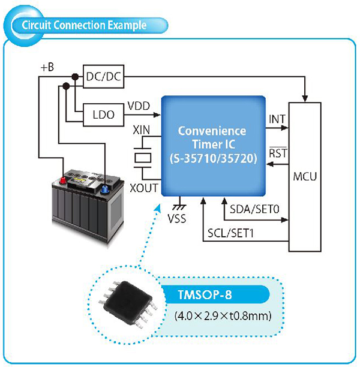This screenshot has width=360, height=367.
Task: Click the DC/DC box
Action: pos(104,77)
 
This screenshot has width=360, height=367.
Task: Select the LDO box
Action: pos(104,115)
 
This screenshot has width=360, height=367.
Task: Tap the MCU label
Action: pos(305,176)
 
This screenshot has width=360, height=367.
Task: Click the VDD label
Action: pos(139,106)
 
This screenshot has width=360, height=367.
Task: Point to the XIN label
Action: pos(141,130)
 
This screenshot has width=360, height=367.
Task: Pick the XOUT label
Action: pos(144,188)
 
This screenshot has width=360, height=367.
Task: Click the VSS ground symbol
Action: pos(179,207)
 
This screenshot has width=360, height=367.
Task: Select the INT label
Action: pos(277,119)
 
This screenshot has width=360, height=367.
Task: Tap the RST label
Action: pos(278,154)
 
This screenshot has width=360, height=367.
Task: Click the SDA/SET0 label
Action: pos(254,209)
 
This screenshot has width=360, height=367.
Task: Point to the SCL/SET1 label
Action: pos(230,233)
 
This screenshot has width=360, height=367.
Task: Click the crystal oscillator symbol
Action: pos(142,158)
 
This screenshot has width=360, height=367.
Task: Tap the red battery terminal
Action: pos(63,181)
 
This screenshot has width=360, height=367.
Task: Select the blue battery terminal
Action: pos(103,189)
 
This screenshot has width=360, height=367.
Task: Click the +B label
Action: pos(47,67)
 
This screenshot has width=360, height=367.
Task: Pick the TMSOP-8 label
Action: pos(205,294)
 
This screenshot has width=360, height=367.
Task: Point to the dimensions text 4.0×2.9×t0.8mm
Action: pos(223,316)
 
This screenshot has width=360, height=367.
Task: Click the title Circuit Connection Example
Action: pos(84,25)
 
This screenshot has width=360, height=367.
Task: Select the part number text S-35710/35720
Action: pos(214,158)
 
